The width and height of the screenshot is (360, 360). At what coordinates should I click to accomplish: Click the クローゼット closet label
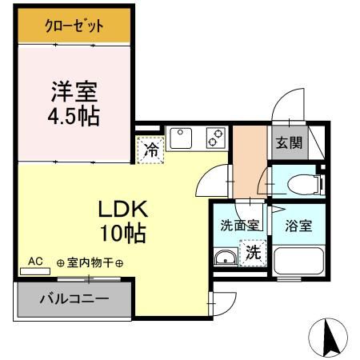pyautogui.click(x=73, y=26)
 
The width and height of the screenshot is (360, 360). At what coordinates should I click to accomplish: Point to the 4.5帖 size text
pyautogui.click(x=72, y=117)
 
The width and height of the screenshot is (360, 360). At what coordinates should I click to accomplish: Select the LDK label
pyautogui.click(x=122, y=210)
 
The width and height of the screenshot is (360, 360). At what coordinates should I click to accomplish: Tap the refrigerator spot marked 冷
pyautogui.click(x=150, y=149)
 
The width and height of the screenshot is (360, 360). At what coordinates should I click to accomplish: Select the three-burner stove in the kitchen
pyautogui.click(x=215, y=139)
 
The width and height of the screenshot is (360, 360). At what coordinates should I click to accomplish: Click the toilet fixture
pyautogui.click(x=299, y=183)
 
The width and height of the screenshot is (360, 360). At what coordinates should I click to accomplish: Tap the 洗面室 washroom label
pyautogui.click(x=240, y=225)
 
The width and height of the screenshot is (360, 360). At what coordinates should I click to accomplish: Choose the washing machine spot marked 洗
pyautogui.click(x=251, y=254)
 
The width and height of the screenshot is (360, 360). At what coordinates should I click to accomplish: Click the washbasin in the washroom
pyautogui.click(x=226, y=258)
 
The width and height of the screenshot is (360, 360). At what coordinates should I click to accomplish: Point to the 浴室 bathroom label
pyautogui.click(x=298, y=225)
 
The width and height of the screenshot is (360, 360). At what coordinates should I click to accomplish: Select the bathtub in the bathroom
pyautogui.click(x=298, y=262)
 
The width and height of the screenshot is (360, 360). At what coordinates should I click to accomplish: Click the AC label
pyautogui.click(x=35, y=261)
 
